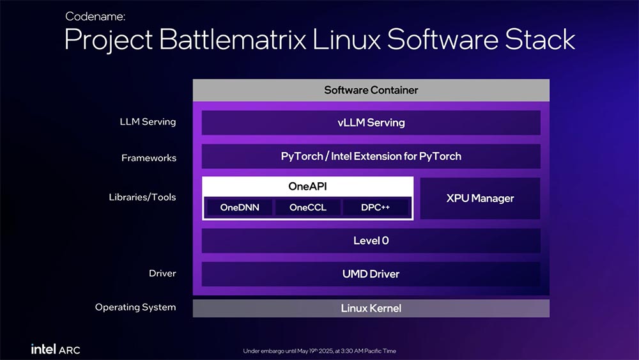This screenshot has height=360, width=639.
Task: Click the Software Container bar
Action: click(371, 90)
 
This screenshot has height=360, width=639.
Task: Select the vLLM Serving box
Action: click(371, 122)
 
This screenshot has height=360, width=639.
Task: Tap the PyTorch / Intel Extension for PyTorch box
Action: click(371, 156)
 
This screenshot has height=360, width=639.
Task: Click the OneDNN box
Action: click(240, 207)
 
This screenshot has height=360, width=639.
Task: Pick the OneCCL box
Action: click(308, 207)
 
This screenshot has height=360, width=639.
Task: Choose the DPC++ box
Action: click(375, 207)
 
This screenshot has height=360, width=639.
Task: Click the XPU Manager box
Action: click(480, 198)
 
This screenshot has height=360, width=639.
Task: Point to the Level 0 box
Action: click(371, 240)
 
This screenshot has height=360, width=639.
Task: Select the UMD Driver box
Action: click(371, 274)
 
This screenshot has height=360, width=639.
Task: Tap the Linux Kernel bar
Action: click(371, 308)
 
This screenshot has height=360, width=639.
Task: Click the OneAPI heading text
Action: click(308, 186)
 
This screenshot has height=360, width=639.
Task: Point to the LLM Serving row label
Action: click(148, 122)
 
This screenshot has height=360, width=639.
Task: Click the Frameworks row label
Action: click(149, 158)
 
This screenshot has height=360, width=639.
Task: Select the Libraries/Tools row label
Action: click(142, 197)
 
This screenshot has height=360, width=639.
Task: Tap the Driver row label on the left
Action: click(162, 273)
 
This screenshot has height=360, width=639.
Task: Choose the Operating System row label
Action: click(135, 307)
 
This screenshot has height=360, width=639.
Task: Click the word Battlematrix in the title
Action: click(233, 40)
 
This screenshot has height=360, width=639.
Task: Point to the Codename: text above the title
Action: click(95, 17)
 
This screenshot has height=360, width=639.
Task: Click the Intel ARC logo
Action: click(56, 349)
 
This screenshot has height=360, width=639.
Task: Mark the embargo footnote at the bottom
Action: click(319, 350)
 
